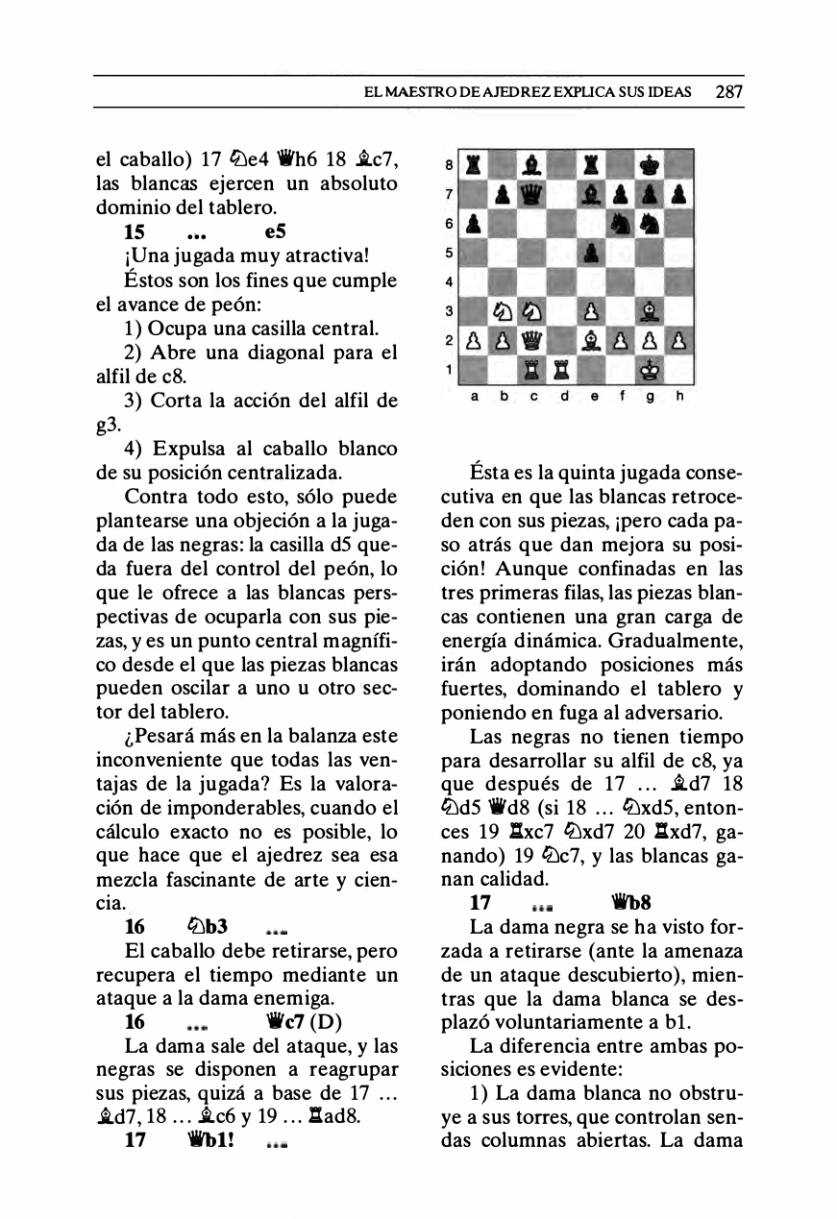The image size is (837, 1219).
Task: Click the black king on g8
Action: [651, 163]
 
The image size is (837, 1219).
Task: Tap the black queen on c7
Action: [533, 193]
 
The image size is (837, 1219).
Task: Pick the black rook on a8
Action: [474, 163]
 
